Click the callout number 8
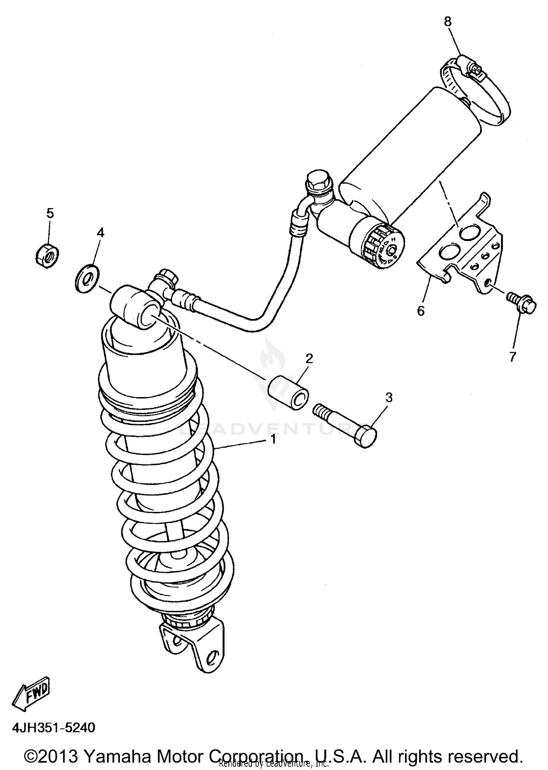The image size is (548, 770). pyautogui.click(x=448, y=22)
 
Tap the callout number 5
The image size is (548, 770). pyautogui.click(x=50, y=213)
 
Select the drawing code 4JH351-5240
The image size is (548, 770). pyautogui.click(x=54, y=727)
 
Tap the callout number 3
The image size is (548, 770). pyautogui.click(x=389, y=397)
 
